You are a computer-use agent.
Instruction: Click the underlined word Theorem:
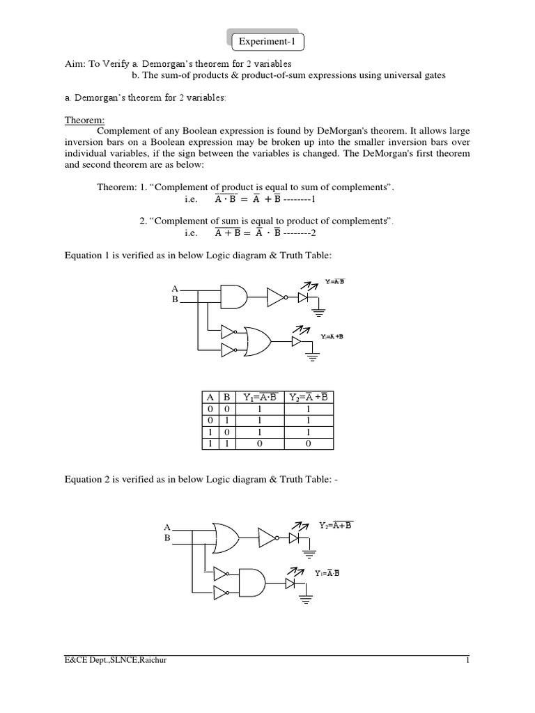click(84, 120)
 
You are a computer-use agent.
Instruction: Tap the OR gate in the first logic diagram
click(258, 341)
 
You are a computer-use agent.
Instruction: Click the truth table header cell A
click(208, 398)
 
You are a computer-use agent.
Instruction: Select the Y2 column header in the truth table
click(307, 398)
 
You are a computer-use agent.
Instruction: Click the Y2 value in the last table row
click(307, 444)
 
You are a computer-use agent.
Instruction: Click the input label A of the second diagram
click(167, 528)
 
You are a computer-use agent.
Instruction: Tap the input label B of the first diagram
click(175, 299)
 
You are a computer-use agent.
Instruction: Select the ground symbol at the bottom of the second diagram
click(305, 598)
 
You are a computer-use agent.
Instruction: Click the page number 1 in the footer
click(469, 661)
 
